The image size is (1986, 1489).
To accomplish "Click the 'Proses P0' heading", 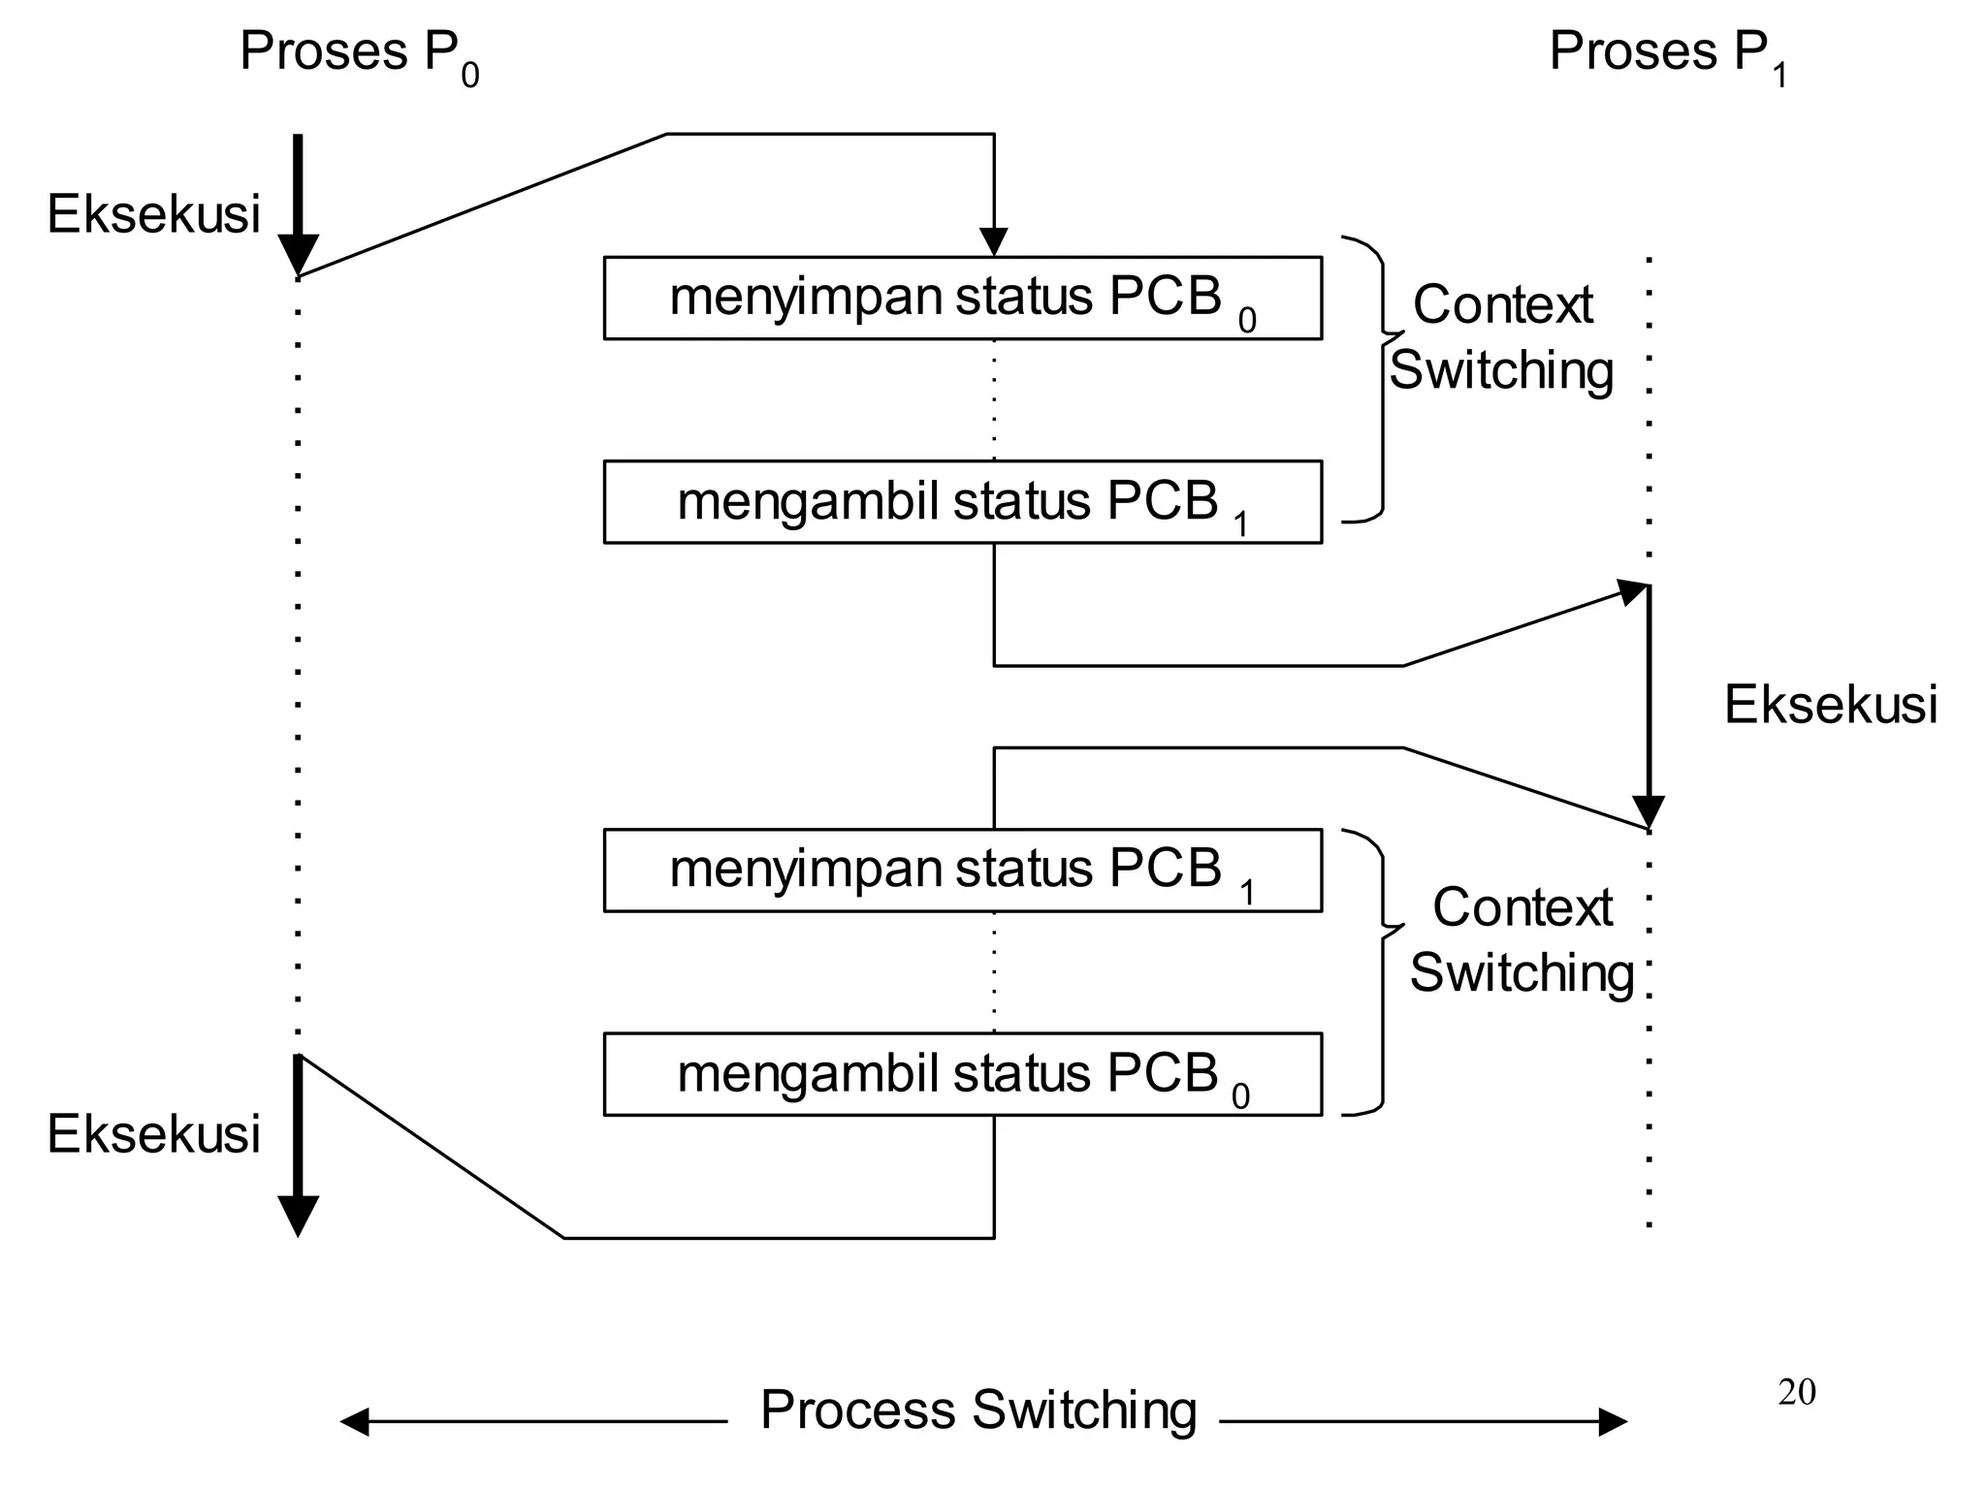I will (359, 54).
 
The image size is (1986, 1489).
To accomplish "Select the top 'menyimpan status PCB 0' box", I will (962, 298).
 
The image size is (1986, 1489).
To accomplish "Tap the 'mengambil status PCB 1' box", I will (962, 502).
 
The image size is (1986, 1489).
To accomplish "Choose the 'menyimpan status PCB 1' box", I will (962, 871).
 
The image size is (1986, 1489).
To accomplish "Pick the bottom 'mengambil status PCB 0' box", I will (962, 1074).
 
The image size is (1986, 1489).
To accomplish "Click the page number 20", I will (1797, 1392).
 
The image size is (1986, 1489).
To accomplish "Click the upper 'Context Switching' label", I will (1501, 337).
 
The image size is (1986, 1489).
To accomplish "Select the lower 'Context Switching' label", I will (1521, 939).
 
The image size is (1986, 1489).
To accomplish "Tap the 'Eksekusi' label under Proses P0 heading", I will (153, 214).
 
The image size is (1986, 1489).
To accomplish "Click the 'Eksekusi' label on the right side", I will (1830, 705).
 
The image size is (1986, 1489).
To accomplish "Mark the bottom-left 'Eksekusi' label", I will (153, 1134).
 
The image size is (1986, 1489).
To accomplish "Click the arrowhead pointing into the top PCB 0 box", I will (994, 242).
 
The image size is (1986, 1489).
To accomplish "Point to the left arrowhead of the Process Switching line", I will (355, 1422).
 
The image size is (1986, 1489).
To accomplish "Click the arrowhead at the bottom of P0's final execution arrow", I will (298, 1216).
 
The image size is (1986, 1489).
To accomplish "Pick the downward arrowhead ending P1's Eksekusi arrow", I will (1649, 810).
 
